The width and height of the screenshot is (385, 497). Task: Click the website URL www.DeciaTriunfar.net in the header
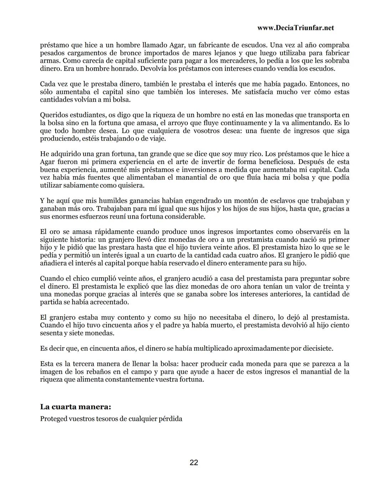click(x=295, y=28)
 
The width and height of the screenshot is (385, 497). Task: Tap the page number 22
click(x=194, y=462)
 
